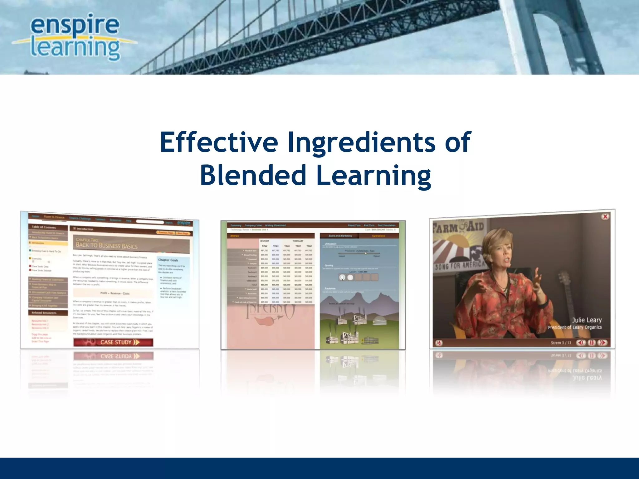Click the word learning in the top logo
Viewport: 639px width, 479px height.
pyautogui.click(x=75, y=48)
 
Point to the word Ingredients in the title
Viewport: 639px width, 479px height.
pyautogui.click(x=361, y=142)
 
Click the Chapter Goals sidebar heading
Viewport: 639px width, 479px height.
pyautogui.click(x=168, y=260)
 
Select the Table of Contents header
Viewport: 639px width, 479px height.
pyautogui.click(x=44, y=227)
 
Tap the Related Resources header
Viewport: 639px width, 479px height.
pyautogui.click(x=44, y=312)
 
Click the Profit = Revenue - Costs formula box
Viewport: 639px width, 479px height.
pyautogui.click(x=115, y=293)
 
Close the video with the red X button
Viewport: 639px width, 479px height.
pyautogui.click(x=605, y=216)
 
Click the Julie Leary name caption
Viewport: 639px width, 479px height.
pyautogui.click(x=587, y=320)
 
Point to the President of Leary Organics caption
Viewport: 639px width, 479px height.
pyautogui.click(x=575, y=327)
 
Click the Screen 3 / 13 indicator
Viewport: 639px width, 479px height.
pyautogui.click(x=561, y=343)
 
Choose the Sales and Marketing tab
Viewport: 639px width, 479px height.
pyautogui.click(x=340, y=236)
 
